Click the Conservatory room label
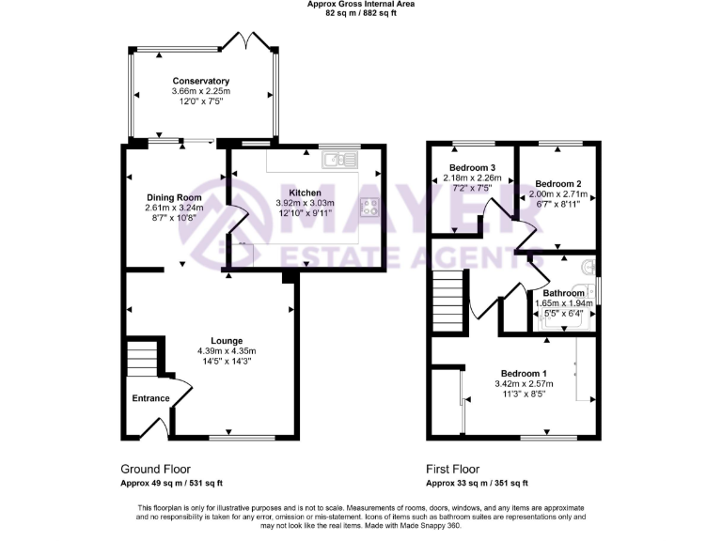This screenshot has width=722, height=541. (x=200, y=81)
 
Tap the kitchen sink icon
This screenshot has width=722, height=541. (x=337, y=161)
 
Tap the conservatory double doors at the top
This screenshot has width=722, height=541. (x=243, y=41)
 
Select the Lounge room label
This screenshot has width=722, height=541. (x=227, y=340)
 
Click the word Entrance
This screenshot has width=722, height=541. (x=150, y=398)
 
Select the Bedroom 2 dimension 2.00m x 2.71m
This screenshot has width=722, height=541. (x=558, y=193)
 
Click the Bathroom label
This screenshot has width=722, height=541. (x=564, y=293)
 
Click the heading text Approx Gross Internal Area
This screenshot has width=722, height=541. (x=360, y=5)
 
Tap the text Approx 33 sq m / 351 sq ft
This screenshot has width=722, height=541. (x=477, y=483)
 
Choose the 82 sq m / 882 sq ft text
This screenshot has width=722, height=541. (x=360, y=14)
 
